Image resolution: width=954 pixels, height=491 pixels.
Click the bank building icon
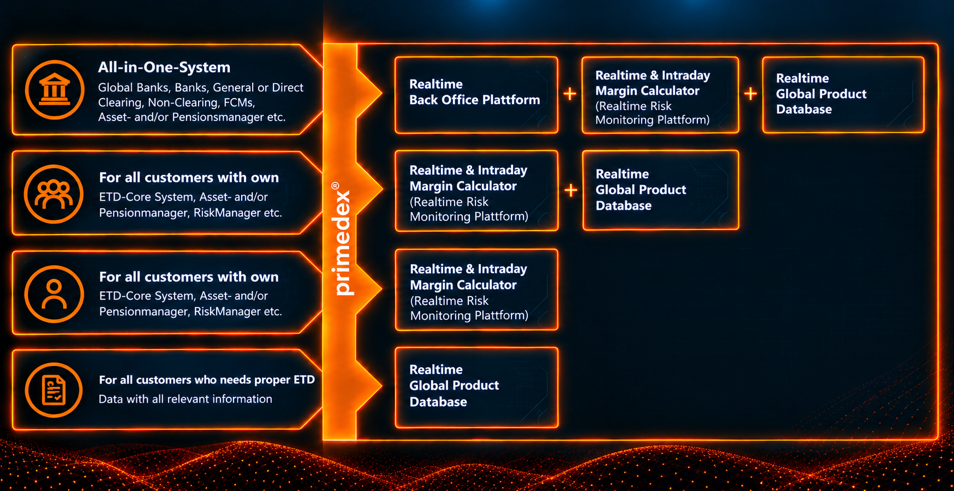pyautogui.click(x=55, y=89)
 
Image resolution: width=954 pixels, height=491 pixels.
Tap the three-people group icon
pyautogui.click(x=53, y=194)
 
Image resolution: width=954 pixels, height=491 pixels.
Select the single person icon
pyautogui.click(x=54, y=294)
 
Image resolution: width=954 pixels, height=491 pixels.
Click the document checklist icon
pyautogui.click(x=53, y=390)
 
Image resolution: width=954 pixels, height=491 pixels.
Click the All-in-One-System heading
pyautogui.click(x=164, y=67)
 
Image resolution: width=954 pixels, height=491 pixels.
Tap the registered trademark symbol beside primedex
pyautogui.click(x=335, y=186)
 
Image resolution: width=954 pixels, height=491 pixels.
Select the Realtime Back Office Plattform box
pyautogui.click(x=476, y=95)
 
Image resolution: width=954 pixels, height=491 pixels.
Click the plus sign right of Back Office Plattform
pyautogui.click(x=570, y=94)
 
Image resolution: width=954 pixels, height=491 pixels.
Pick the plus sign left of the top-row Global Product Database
pyautogui.click(x=750, y=94)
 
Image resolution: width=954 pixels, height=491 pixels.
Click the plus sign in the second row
pyautogui.click(x=570, y=190)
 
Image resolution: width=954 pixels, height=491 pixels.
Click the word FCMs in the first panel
pyautogui.click(x=239, y=103)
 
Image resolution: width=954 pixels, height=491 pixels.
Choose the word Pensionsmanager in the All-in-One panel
pyautogui.click(x=217, y=117)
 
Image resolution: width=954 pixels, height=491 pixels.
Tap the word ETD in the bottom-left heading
pyautogui.click(x=304, y=380)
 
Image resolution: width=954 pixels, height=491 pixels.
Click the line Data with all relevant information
pyautogui.click(x=186, y=399)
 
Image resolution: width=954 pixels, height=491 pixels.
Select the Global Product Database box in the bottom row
pyautogui.click(x=476, y=387)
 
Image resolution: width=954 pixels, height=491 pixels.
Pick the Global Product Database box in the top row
pyautogui.click(x=843, y=95)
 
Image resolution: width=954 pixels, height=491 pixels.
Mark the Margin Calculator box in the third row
pyautogui.click(x=476, y=290)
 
